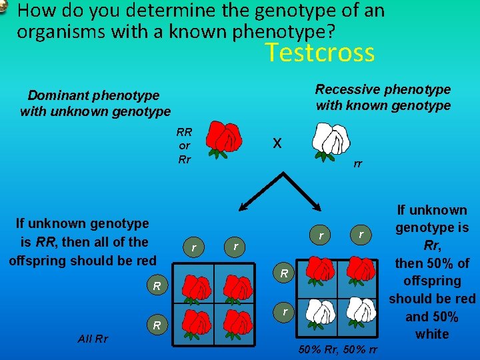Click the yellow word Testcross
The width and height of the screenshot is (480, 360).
click(x=320, y=52)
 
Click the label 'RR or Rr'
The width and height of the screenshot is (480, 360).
click(x=185, y=146)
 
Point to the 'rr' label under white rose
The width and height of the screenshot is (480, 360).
click(x=358, y=164)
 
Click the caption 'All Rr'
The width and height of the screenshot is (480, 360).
click(x=93, y=339)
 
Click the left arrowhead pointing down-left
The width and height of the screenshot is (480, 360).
click(x=243, y=207)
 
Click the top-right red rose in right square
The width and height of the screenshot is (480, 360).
click(x=361, y=270)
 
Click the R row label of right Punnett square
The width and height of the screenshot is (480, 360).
click(x=284, y=273)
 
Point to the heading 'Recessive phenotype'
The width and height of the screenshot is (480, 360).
click(x=383, y=89)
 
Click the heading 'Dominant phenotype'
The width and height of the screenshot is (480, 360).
click(x=93, y=96)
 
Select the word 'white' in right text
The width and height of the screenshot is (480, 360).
click(x=432, y=334)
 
